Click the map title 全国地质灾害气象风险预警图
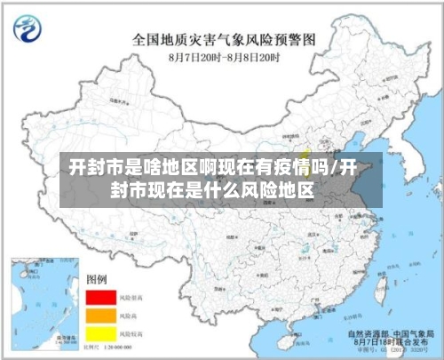pos(223,40)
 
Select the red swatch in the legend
pos(100,296)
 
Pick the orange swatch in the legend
pos(100,315)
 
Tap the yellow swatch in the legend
pos(100,333)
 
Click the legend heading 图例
pos(97,279)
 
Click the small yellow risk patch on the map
pos(305,137)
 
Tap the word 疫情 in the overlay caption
pos(276,167)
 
